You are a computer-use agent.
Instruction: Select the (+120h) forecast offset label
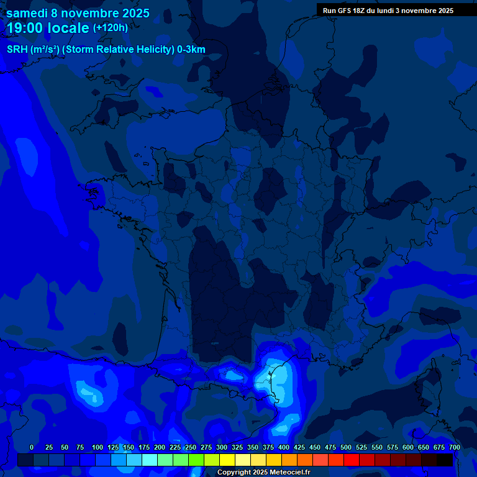[111, 28]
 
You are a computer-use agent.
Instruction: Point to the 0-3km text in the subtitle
[191, 50]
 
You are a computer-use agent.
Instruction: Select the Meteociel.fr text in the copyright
[286, 473]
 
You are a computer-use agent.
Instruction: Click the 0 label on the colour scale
[32, 447]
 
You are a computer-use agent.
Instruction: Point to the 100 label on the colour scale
[98, 447]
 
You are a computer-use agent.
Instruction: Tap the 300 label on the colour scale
[222, 447]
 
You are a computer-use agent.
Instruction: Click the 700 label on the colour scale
[455, 447]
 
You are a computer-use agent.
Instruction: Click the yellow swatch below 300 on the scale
[227, 460]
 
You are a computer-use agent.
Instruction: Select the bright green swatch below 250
[196, 460]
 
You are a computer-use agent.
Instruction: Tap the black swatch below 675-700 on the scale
[445, 460]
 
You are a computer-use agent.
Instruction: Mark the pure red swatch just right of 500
[352, 460]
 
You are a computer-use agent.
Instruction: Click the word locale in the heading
[67, 28]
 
